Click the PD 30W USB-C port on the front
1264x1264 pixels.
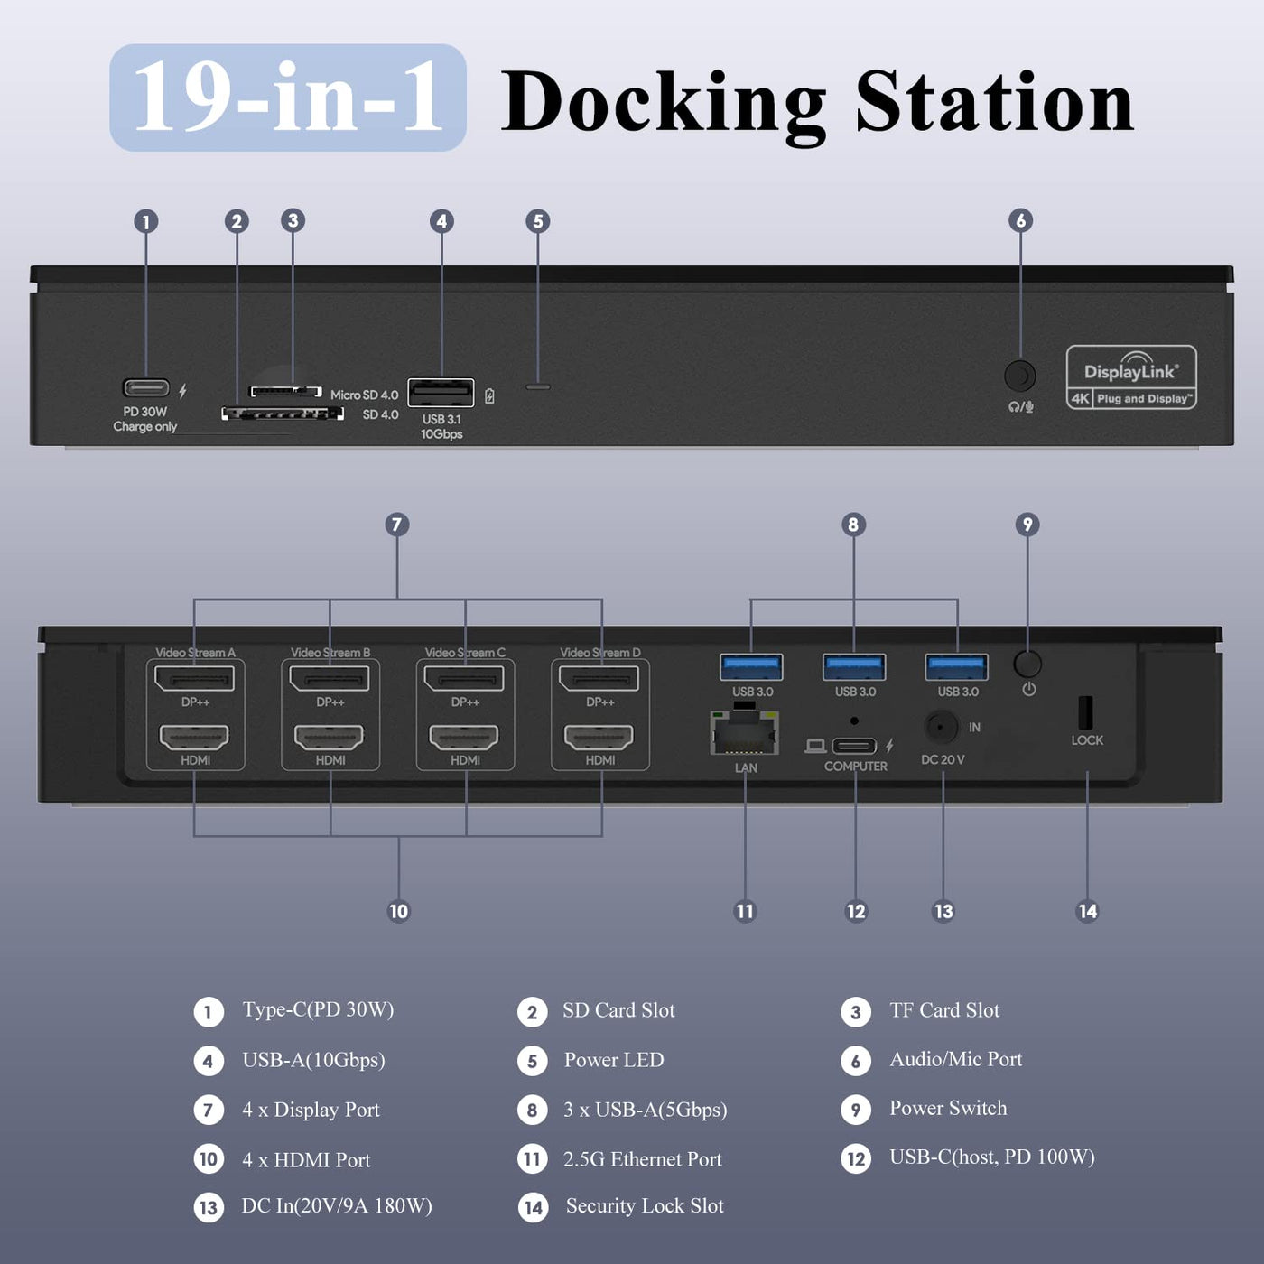pos(146,388)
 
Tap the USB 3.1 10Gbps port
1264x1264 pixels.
pos(441,393)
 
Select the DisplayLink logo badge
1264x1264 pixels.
pos(1131,377)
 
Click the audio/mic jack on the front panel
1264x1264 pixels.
pos(1020,376)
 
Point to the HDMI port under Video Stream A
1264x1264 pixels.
pos(195,737)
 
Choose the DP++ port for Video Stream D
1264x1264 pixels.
pos(599,678)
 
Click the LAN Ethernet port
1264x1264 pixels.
pos(745,733)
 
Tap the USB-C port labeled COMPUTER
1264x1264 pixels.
pos(854,746)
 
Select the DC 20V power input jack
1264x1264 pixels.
pos(942,727)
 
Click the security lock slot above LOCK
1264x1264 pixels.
pos(1085,712)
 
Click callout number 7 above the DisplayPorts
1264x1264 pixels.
pos(397,525)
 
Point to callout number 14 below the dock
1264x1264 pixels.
pos(1088,912)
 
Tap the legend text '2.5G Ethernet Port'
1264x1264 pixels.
pos(642,1159)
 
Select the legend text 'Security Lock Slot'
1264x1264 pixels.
pos(645,1206)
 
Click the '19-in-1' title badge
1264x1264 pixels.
pos(288,98)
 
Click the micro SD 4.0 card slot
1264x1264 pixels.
pos(285,391)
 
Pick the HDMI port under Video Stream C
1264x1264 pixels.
pos(465,737)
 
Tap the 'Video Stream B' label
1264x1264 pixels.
pos(330,653)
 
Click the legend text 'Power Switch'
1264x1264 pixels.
pos(948,1109)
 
